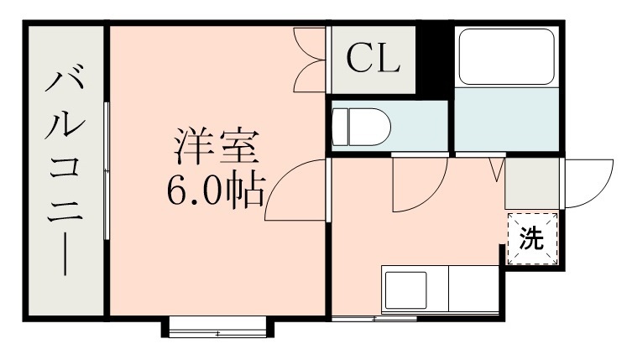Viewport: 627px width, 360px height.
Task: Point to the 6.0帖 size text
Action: (216, 192)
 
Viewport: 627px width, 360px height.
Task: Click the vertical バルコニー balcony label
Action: (64, 173)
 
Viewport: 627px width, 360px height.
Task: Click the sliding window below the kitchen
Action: (374, 319)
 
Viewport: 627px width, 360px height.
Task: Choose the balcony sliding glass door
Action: (107, 172)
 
